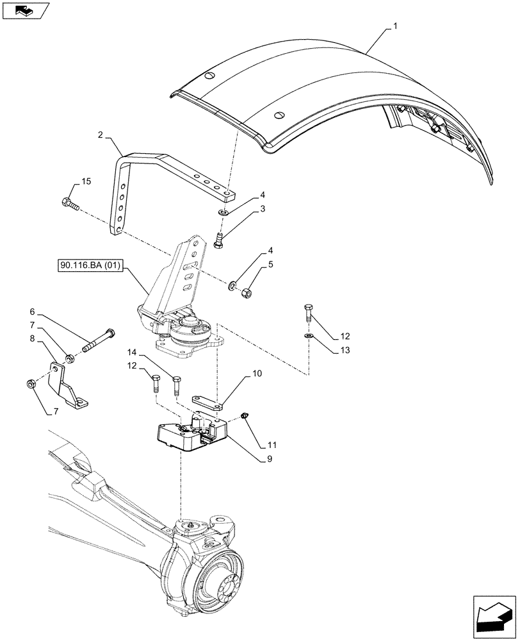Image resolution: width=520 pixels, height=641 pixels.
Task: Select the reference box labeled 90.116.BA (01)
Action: pyautogui.click(x=92, y=264)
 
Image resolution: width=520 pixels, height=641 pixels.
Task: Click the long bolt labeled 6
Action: pyautogui.click(x=98, y=342)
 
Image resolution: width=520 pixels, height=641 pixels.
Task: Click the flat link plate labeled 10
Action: pyautogui.click(x=209, y=402)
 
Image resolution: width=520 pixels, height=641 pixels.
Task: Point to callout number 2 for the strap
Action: pyautogui.click(x=101, y=135)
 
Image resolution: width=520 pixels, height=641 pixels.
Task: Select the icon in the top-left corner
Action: pyautogui.click(x=26, y=10)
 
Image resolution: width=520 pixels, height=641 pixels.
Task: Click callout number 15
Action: pyautogui.click(x=86, y=182)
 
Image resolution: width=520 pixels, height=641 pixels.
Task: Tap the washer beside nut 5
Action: pyautogui.click(x=232, y=283)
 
